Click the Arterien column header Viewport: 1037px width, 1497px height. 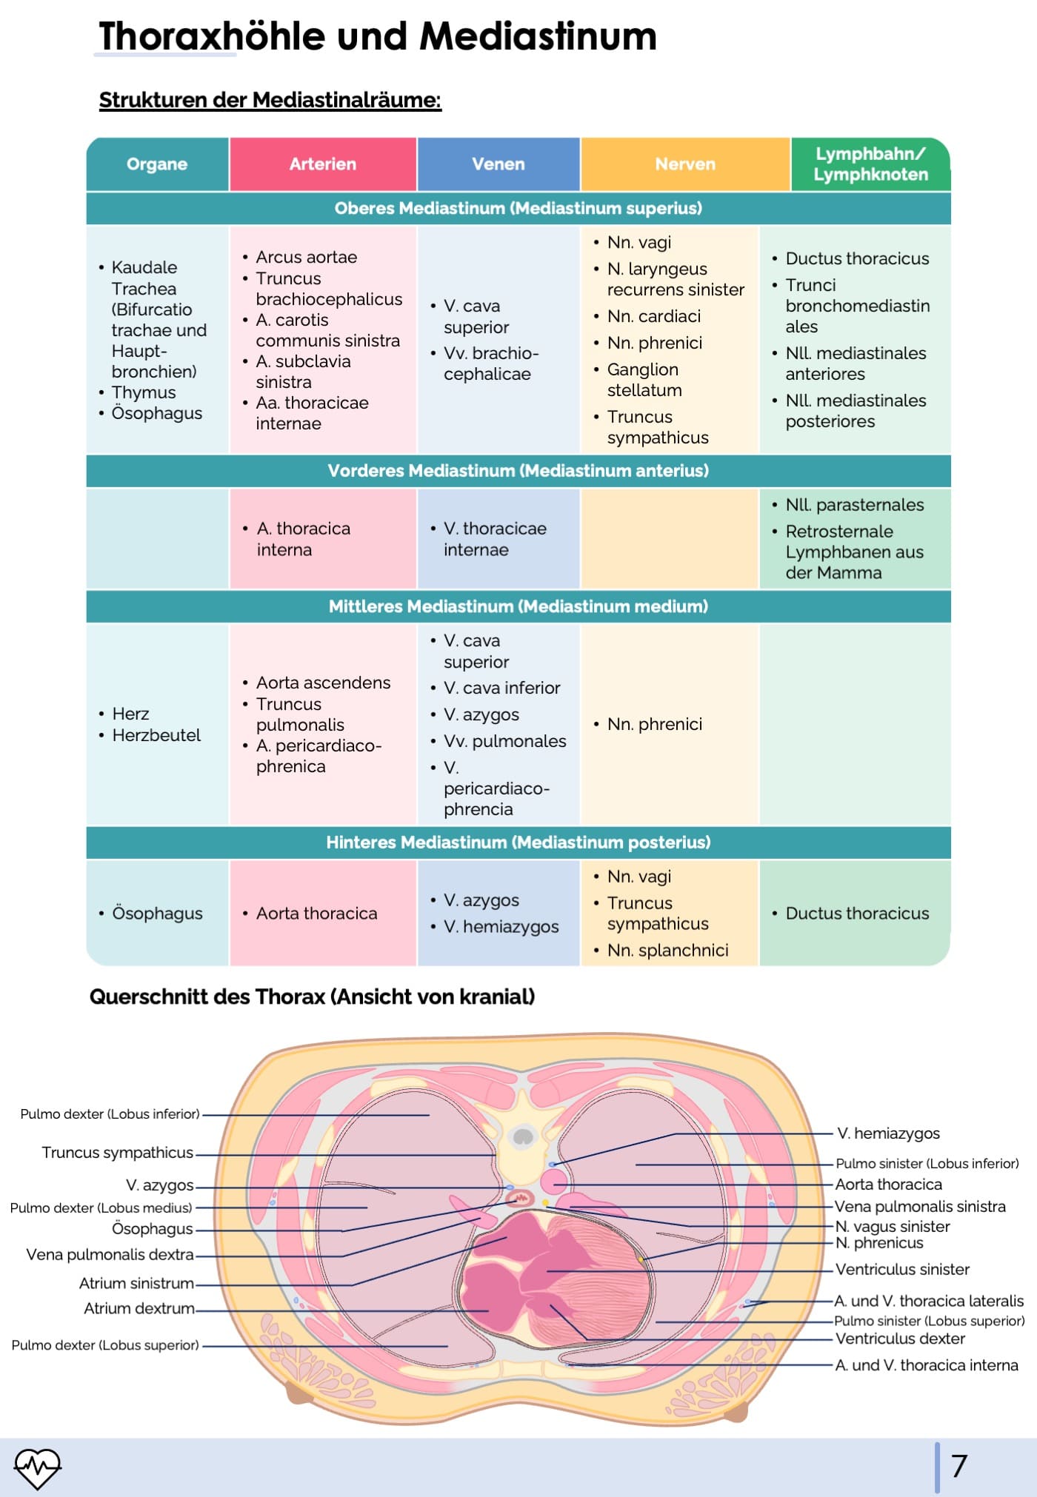pos(322,164)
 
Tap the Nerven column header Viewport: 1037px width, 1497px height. pos(685,164)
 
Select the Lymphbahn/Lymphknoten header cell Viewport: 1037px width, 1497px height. pos(870,164)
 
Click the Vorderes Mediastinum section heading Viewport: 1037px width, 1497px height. pos(518,471)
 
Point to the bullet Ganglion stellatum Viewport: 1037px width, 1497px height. pos(644,380)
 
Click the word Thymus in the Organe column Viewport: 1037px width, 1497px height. pos(144,392)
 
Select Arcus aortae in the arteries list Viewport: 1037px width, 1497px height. pos(306,257)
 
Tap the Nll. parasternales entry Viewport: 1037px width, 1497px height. pos(854,505)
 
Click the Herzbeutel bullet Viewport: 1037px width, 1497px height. pos(156,735)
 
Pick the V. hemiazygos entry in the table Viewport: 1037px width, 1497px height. pos(501,927)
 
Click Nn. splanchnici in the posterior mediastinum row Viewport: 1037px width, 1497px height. pos(667,951)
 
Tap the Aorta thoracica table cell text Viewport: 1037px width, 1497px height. pos(316,914)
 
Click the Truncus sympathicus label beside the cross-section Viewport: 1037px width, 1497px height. pos(117,1153)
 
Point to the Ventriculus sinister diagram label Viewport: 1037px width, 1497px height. pos(902,1270)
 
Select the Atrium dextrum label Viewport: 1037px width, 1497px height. pos(139,1309)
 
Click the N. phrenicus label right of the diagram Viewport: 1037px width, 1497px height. pos(879,1243)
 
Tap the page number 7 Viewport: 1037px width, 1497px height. pos(959,1467)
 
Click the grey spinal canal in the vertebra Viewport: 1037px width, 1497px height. pos(523,1136)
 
